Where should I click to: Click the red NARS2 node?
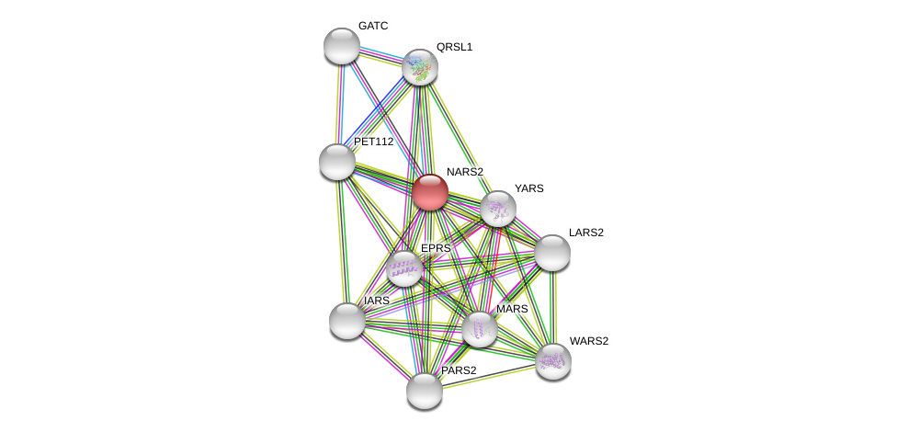point(430,192)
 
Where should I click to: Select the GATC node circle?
point(342,46)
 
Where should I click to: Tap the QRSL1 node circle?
point(420,67)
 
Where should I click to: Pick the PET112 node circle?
point(337,162)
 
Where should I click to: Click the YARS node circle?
point(498,209)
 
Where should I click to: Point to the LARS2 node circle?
point(552,253)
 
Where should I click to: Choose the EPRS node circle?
point(404,268)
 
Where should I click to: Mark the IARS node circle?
point(347,321)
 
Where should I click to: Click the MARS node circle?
point(480,329)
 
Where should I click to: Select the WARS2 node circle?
point(553,361)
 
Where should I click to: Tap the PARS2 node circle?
point(425,391)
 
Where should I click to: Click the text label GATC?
point(373,26)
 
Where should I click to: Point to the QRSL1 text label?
point(454,47)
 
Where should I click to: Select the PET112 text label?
point(373,142)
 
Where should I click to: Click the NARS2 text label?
point(464,172)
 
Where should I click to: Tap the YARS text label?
point(528,188)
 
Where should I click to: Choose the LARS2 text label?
point(585,233)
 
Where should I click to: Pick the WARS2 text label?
point(588,341)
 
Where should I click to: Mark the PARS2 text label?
point(459,370)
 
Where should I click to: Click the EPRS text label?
point(436,248)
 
